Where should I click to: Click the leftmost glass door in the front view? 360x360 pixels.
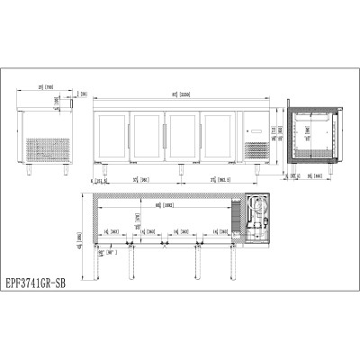point(112,136)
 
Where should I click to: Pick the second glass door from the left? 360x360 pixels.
point(147,136)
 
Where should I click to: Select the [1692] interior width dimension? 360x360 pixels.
point(161,206)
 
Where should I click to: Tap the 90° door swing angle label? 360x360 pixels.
point(112,253)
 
